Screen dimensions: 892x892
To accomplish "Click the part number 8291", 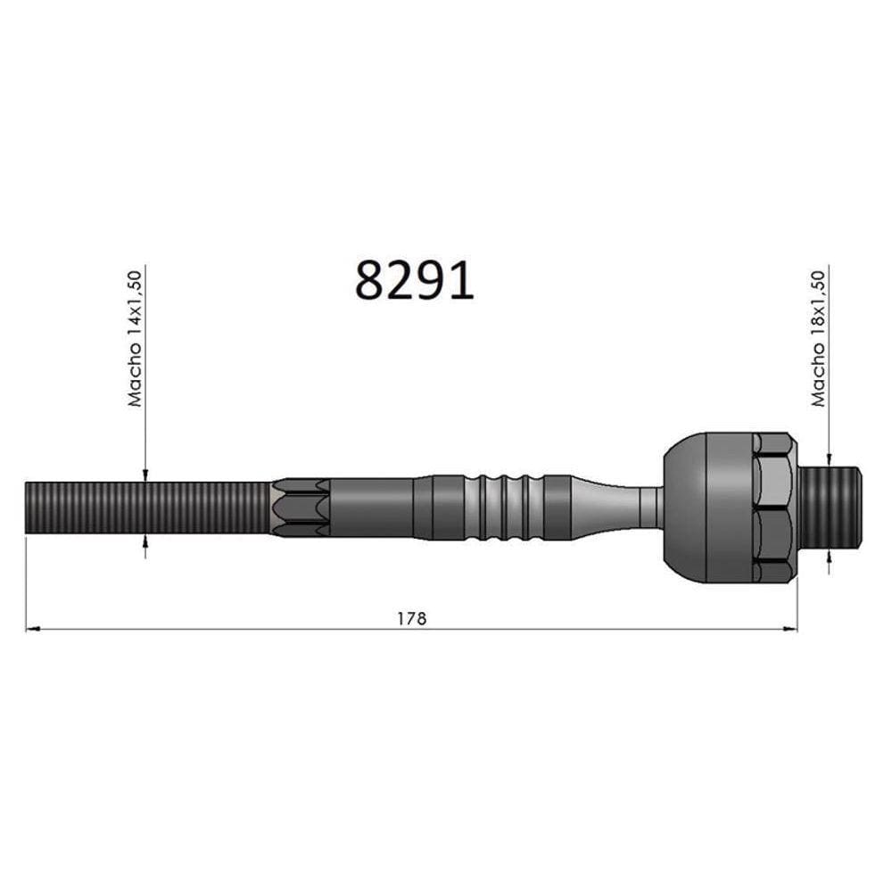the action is [415, 280].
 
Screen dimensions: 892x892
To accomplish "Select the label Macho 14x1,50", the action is [135, 338].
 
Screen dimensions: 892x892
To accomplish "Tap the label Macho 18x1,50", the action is [818, 338].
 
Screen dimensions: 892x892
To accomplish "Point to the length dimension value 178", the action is [411, 618].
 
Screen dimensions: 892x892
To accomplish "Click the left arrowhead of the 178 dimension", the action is [33, 629].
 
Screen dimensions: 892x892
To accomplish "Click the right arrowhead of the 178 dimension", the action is [790, 629].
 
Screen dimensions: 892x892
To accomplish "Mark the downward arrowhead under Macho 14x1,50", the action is [145, 475].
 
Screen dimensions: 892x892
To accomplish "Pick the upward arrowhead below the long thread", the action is [145, 541].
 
